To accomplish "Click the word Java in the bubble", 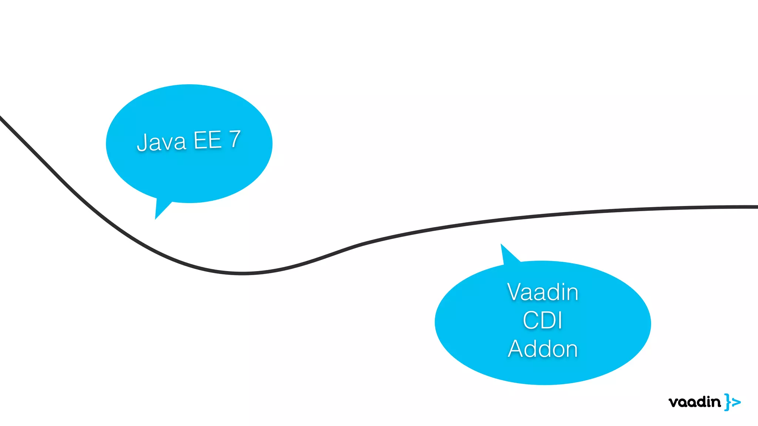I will pyautogui.click(x=161, y=142).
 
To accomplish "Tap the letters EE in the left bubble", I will pyautogui.click(x=208, y=140).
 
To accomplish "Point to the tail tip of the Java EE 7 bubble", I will pyautogui.click(x=156, y=218).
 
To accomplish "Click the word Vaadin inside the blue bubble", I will pyautogui.click(x=543, y=292).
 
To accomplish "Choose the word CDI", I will pyautogui.click(x=543, y=320).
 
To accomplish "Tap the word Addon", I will pyautogui.click(x=543, y=349).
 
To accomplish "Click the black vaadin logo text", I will pyautogui.click(x=694, y=402).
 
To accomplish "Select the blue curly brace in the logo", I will pyautogui.click(x=728, y=402).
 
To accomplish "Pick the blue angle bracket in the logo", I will pyautogui.click(x=737, y=402).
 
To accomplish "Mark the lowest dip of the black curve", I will pyautogui.click(x=242, y=274).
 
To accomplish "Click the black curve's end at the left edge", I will pyautogui.click(x=1, y=118).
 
